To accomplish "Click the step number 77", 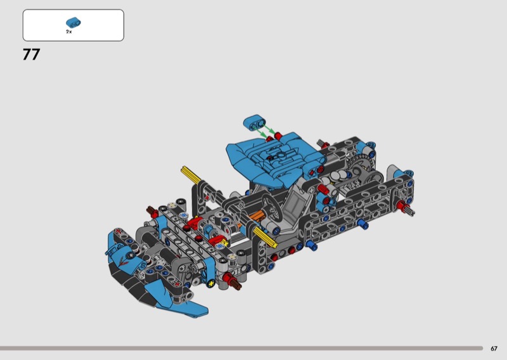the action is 31,55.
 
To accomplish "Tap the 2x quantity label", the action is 69,32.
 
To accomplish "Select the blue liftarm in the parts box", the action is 74,22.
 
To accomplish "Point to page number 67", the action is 494,349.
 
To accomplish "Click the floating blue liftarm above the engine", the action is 255,122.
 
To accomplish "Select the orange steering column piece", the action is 255,215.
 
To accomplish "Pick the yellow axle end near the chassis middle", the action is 264,236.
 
